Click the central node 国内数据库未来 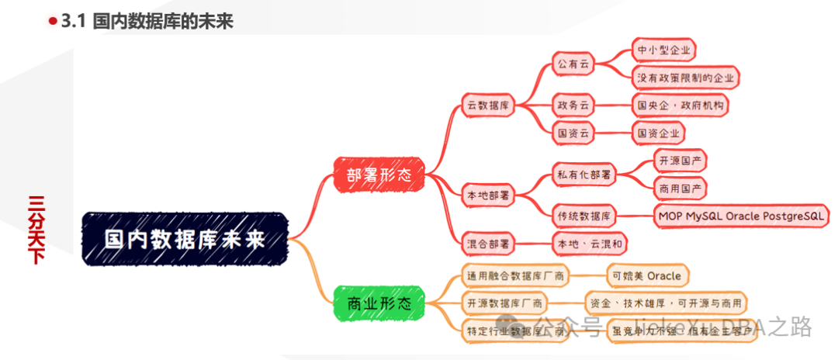pyautogui.click(x=185, y=238)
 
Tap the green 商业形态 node pyautogui.click(x=379, y=303)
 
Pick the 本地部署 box pyautogui.click(x=488, y=194)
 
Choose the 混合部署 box pyautogui.click(x=488, y=244)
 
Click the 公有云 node pyautogui.click(x=573, y=64)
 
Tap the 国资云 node pyautogui.click(x=573, y=133)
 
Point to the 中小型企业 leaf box pyautogui.click(x=663, y=50)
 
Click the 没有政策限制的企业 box pyautogui.click(x=686, y=78)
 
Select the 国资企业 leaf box pyautogui.click(x=659, y=133)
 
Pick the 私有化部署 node pyautogui.click(x=584, y=175)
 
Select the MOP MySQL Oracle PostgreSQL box pyautogui.click(x=742, y=216)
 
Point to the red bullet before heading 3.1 pyautogui.click(x=53, y=22)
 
